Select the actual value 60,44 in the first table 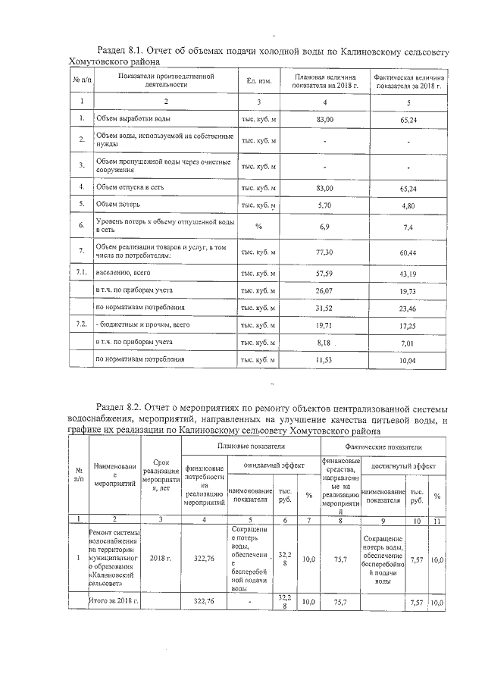408,250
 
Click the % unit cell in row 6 258,226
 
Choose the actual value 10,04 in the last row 408,360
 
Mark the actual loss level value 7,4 408,226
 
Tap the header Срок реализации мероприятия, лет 160,475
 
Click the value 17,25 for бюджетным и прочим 408,324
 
